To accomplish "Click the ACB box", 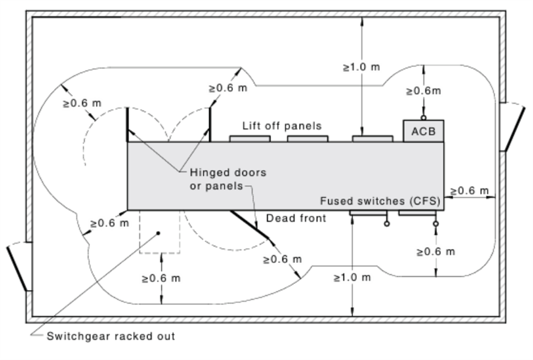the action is [x=423, y=131].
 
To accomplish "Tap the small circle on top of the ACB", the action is [x=423, y=118].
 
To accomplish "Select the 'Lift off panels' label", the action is [x=282, y=125].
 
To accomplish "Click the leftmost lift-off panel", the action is [x=250, y=139].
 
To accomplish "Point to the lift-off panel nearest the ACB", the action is [x=373, y=139].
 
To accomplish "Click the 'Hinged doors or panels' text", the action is [x=228, y=179].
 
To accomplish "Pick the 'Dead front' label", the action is [x=295, y=218].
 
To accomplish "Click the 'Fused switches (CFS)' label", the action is [x=380, y=200].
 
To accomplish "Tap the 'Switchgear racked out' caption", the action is [x=111, y=336].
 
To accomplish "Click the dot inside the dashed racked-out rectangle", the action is [x=158, y=233].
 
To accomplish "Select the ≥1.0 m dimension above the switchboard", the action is [x=361, y=67].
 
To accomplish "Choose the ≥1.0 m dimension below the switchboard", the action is [x=352, y=278].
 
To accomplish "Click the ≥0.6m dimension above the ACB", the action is [x=423, y=91].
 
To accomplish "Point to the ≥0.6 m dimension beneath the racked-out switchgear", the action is [x=161, y=278].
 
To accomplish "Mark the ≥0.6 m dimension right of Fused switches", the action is [x=469, y=191].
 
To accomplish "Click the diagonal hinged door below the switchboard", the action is [x=249, y=224].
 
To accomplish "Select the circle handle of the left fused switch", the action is [x=386, y=224].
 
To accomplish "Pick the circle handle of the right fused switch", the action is [x=436, y=224].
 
